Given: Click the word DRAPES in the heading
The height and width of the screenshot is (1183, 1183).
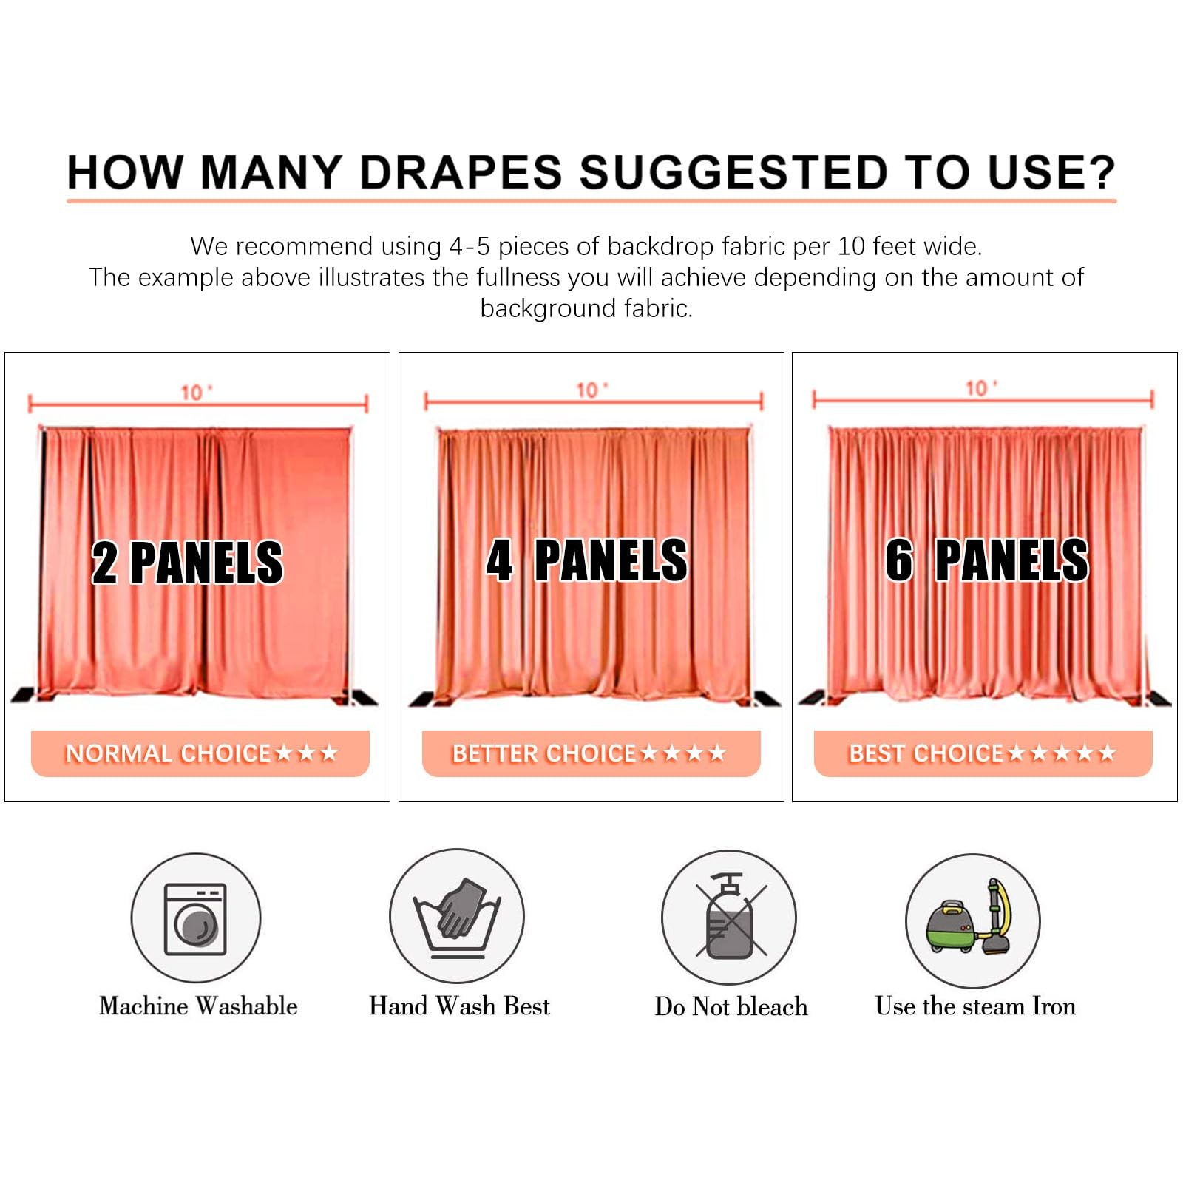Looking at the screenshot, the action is tap(461, 172).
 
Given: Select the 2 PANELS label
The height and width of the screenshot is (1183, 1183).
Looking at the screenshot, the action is tap(187, 563).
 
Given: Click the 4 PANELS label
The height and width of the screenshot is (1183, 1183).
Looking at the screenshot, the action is tap(587, 560).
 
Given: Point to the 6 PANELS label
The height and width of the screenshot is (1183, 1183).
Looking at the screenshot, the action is tap(987, 560).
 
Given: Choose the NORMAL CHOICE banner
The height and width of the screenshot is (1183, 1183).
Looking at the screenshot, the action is tap(200, 753).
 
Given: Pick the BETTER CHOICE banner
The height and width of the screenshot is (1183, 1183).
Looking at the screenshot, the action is tap(591, 753).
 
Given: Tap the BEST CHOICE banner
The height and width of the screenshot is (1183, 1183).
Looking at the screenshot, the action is tap(983, 753).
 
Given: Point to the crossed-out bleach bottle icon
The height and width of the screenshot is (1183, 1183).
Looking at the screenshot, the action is tap(729, 917).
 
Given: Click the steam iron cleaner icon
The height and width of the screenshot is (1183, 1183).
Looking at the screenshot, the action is tap(973, 921).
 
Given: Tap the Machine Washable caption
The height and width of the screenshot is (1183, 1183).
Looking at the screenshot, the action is tap(198, 1006).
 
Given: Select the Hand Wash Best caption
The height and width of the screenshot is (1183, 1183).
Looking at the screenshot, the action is tap(459, 1006).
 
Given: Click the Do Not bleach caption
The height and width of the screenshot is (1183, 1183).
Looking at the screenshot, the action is tap(731, 1006).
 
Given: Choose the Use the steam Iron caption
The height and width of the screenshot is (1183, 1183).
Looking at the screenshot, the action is tap(975, 1006).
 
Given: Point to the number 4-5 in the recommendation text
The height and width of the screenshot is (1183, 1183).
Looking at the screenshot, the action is tap(470, 246).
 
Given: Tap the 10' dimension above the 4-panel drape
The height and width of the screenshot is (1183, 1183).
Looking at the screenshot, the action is tap(592, 390).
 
